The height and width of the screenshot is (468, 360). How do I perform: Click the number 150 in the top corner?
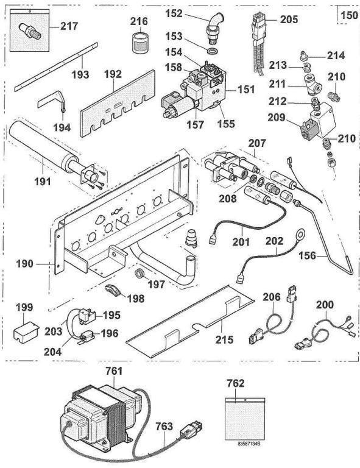349,13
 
